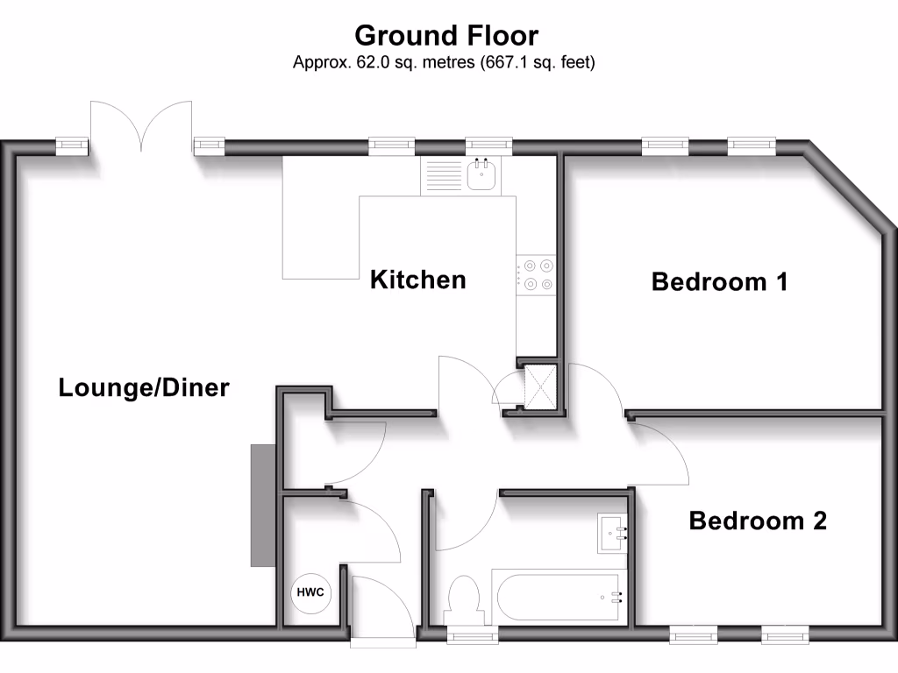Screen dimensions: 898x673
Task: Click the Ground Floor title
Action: (x=446, y=35)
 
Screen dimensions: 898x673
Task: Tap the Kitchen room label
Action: (x=418, y=280)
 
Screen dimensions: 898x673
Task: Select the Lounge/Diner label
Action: (x=144, y=387)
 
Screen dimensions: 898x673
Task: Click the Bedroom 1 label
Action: (x=719, y=281)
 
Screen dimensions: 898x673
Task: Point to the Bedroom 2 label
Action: (x=758, y=521)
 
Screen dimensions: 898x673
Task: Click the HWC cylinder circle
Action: (x=310, y=592)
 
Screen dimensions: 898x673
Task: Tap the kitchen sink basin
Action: (x=481, y=175)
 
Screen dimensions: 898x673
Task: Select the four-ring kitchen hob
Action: (x=536, y=274)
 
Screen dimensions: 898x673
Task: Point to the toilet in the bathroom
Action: (x=464, y=599)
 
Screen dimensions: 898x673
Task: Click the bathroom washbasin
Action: (x=611, y=534)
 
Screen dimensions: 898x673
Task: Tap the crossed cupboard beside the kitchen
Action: (x=540, y=386)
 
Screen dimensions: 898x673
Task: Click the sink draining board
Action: (x=443, y=175)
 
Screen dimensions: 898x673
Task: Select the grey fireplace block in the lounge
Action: (x=263, y=506)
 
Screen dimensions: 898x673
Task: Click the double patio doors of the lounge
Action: (x=141, y=126)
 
